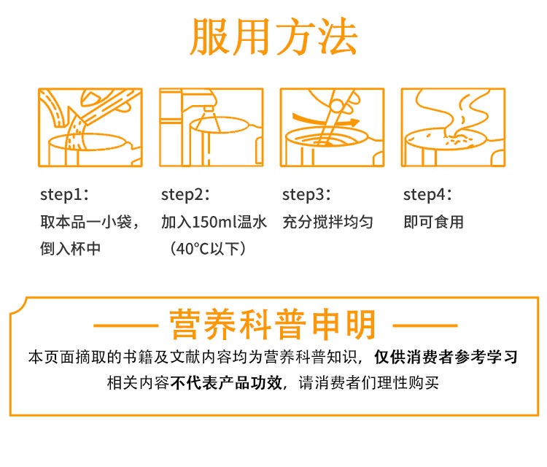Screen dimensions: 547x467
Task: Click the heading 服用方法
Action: [273, 36]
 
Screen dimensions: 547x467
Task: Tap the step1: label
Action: [64, 195]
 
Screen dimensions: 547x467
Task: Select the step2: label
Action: [185, 195]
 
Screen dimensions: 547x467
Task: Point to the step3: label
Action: [306, 195]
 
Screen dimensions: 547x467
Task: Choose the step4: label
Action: [427, 195]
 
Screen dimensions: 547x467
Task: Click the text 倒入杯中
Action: [71, 249]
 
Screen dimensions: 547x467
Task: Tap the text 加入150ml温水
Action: [214, 222]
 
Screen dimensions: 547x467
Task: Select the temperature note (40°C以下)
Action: [208, 249]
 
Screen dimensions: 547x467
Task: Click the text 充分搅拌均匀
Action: [328, 222]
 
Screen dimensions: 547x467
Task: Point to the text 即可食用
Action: [434, 222]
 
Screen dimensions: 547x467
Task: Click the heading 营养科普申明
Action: [273, 325]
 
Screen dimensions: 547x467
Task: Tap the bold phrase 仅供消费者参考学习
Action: [446, 357]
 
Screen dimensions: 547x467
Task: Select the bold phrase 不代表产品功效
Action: [226, 383]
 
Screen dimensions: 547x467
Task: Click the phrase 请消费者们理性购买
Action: [369, 383]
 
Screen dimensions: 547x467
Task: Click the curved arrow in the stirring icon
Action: [325, 120]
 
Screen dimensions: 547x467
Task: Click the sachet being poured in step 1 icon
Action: [104, 104]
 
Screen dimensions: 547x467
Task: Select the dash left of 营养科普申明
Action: [126, 325]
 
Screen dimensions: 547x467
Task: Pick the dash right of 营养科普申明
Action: [425, 325]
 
